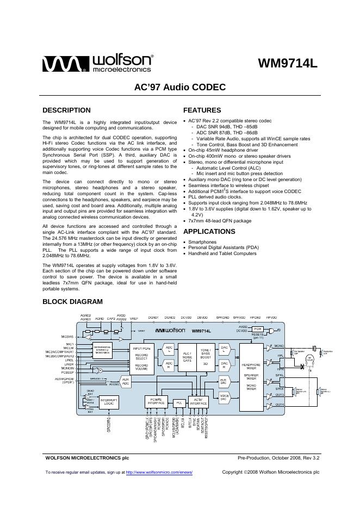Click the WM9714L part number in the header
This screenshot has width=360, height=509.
(287, 64)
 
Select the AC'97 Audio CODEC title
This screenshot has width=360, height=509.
(179, 87)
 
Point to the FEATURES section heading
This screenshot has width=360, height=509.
(202, 110)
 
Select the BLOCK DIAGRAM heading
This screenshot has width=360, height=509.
(72, 301)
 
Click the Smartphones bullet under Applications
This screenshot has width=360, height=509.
(203, 242)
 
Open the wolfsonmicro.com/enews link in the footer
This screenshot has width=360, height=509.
(159, 472)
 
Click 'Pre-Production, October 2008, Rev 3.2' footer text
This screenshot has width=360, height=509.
(278, 458)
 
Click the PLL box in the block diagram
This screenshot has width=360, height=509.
(178, 403)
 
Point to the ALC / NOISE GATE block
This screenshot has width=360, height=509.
(187, 356)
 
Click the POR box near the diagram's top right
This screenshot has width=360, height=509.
(258, 329)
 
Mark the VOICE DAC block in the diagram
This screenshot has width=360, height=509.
(223, 398)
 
